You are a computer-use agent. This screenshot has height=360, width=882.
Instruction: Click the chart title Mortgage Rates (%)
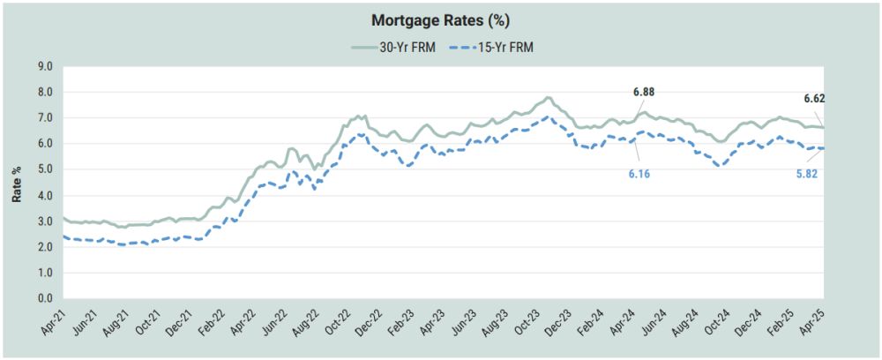[x=440, y=19]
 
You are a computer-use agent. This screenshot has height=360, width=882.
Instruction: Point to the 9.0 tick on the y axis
[x=45, y=66]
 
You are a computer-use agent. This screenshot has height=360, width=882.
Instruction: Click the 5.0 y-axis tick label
[x=45, y=169]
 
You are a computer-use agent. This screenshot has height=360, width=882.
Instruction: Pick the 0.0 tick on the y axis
[x=45, y=299]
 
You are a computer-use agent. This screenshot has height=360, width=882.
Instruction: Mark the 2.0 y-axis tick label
[x=45, y=247]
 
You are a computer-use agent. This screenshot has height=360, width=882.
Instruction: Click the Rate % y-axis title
[x=17, y=183]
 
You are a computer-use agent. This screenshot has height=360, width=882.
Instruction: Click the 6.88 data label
[x=644, y=92]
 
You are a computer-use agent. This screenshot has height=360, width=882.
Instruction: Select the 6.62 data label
[x=814, y=99]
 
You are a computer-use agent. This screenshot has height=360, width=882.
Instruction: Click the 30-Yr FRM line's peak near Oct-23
[x=549, y=97]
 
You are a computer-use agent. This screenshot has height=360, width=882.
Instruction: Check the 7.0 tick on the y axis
[x=45, y=117]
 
